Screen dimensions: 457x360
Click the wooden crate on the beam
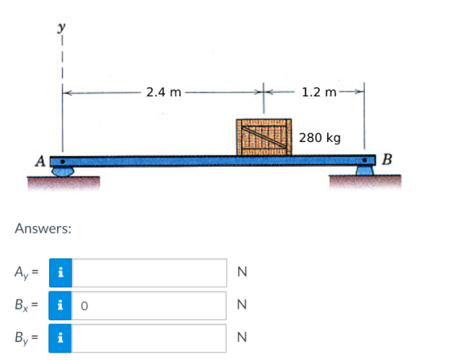(x=264, y=137)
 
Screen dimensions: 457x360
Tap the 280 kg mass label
(x=320, y=138)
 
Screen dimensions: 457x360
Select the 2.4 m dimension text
(x=163, y=92)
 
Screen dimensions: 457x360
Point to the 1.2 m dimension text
(x=319, y=92)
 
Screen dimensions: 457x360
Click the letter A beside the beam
(x=40, y=161)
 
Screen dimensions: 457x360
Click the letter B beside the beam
(x=387, y=159)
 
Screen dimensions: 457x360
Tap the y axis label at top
(x=61, y=28)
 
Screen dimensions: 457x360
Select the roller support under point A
(x=63, y=171)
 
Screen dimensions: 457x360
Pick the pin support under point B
(x=365, y=171)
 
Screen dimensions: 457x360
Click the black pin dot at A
(x=62, y=161)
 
